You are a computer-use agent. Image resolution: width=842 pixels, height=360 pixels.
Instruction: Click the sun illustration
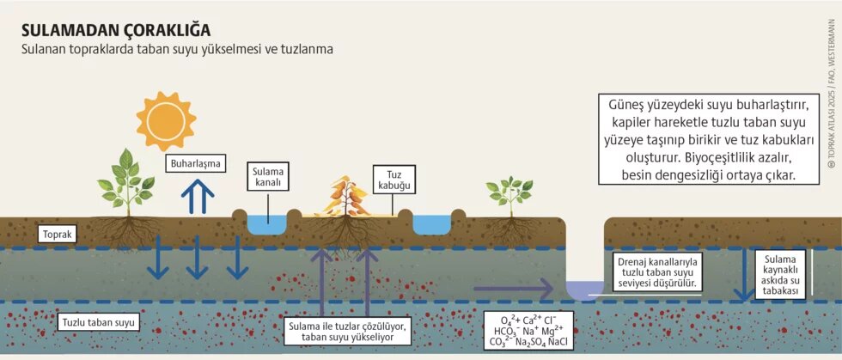(165, 120)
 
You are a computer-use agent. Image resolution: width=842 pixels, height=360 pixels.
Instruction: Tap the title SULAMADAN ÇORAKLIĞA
(115, 31)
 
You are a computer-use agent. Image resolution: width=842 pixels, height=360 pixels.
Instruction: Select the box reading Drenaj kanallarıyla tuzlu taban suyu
(657, 271)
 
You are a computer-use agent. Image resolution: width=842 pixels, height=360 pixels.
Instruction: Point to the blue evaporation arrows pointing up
(198, 198)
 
